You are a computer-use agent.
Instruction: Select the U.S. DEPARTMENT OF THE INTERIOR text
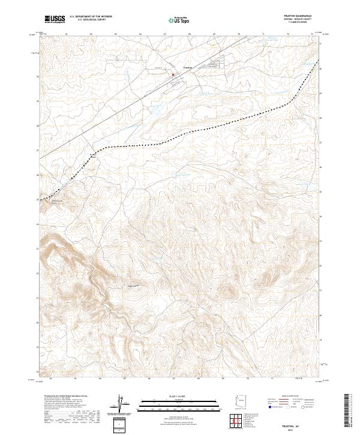coord(90,17)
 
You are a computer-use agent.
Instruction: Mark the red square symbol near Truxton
coord(173,75)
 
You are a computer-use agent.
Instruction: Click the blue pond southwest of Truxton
coord(156,111)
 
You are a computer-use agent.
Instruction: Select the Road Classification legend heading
coord(288,397)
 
